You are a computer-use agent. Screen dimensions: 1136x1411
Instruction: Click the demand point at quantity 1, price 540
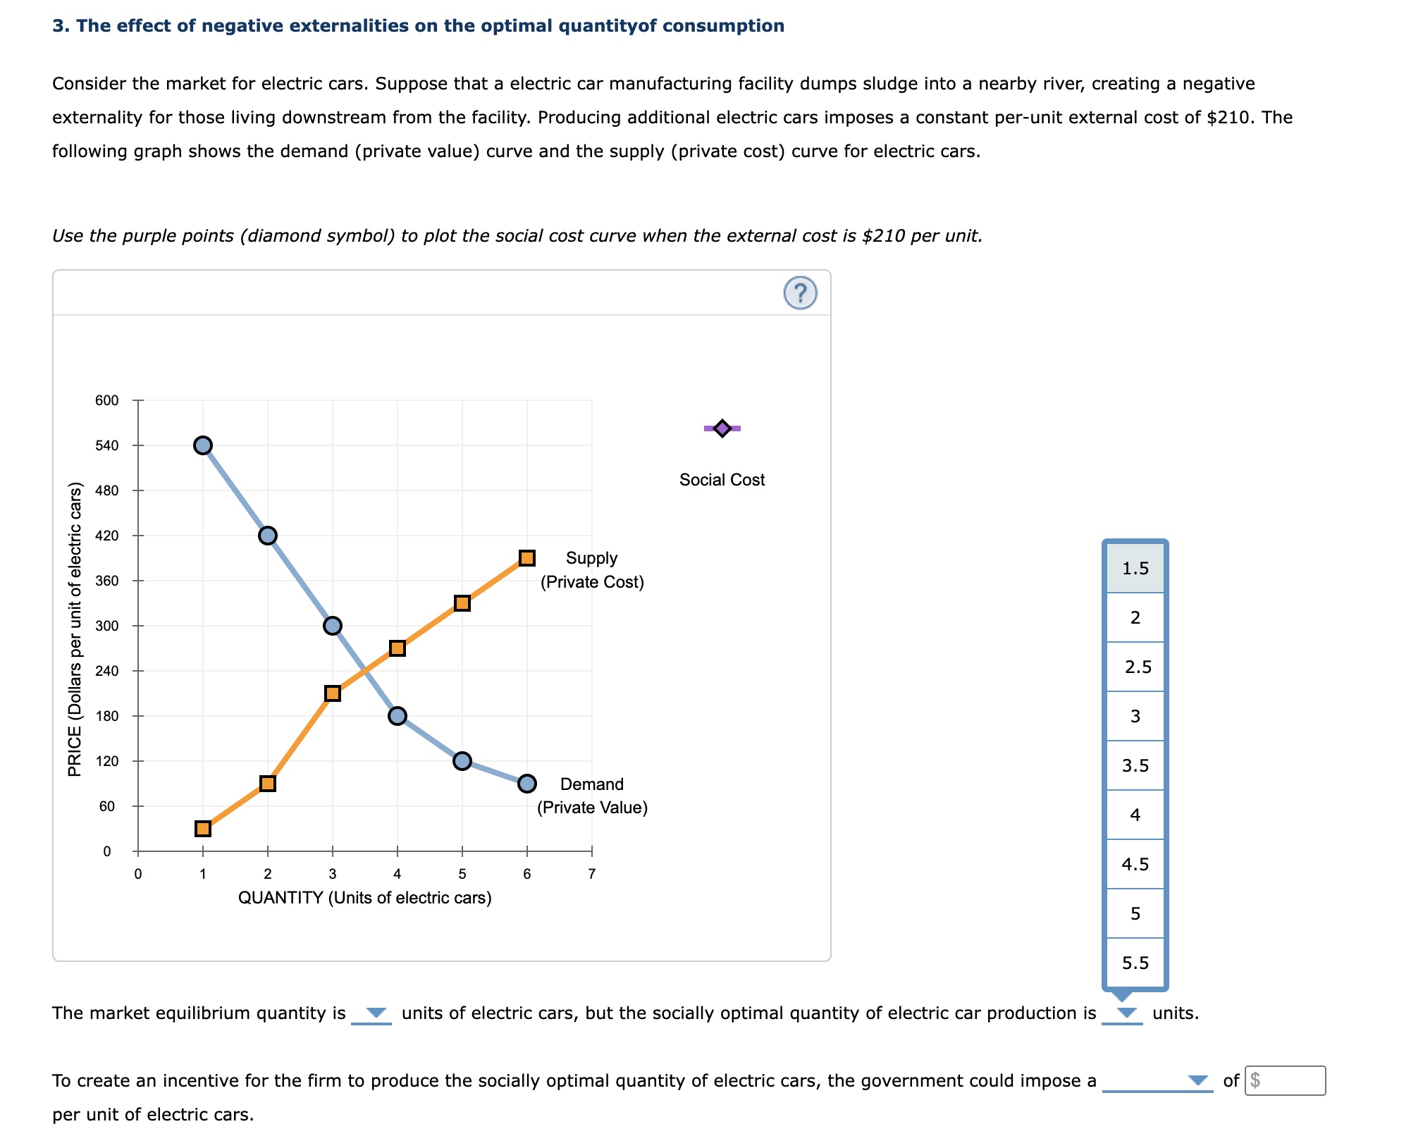coord(203,445)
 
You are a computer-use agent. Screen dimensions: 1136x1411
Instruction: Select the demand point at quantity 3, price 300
coord(333,626)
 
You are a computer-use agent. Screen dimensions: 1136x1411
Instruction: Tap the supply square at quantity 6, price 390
coord(526,558)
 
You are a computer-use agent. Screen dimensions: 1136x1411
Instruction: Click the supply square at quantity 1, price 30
coord(203,829)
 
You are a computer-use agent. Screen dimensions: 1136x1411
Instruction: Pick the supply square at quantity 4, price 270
coord(398,648)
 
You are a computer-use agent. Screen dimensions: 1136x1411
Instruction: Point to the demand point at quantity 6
coord(526,784)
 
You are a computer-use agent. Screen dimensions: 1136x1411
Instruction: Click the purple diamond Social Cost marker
coord(722,428)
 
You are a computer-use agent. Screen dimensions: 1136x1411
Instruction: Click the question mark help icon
coord(800,293)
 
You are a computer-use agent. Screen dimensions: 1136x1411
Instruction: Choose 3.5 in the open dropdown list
coord(1135,765)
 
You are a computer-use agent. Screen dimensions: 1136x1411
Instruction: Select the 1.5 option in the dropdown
coord(1135,568)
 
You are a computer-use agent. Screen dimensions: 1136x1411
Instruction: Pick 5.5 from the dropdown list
coord(1135,963)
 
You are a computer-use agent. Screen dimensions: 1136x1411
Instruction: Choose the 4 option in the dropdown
coord(1135,815)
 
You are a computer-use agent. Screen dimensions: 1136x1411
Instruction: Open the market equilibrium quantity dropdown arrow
coord(376,1013)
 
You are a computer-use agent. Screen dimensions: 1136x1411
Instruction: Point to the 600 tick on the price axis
coord(107,400)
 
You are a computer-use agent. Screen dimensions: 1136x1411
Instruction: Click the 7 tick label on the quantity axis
coord(591,874)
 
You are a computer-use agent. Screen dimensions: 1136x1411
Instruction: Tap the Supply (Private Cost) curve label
coord(592,570)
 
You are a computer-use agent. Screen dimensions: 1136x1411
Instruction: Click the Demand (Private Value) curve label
coord(592,796)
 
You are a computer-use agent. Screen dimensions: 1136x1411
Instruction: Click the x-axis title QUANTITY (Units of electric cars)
coord(364,898)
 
